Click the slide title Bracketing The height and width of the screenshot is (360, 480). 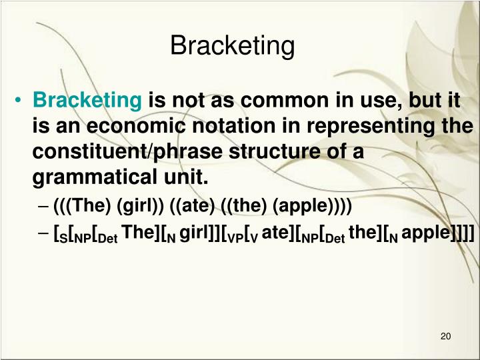click(232, 47)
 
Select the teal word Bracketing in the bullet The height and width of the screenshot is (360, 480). click(87, 101)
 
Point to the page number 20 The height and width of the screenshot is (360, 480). click(446, 335)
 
